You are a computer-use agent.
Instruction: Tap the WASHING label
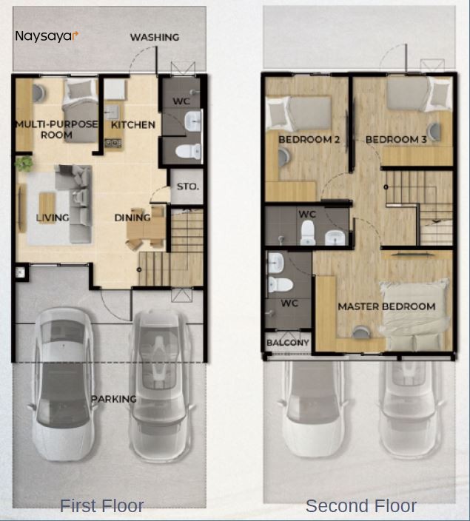[x=155, y=37]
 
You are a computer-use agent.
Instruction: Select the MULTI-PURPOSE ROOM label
[x=56, y=130]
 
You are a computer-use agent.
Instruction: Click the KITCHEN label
[x=133, y=124]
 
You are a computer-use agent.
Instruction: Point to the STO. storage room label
[x=188, y=186]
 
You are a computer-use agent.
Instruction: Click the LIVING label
[x=53, y=218]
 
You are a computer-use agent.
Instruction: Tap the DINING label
[x=132, y=218]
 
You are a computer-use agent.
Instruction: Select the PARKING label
[x=113, y=399]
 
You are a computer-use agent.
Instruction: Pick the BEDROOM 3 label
[x=396, y=139]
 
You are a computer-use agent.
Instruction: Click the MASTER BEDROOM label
[x=386, y=306]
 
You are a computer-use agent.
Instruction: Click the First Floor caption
[x=101, y=506]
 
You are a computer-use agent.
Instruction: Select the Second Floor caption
[x=360, y=506]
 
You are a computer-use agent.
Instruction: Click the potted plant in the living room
[x=24, y=164]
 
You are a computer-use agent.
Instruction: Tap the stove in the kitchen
[x=113, y=142]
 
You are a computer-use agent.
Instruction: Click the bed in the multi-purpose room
[x=80, y=100]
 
